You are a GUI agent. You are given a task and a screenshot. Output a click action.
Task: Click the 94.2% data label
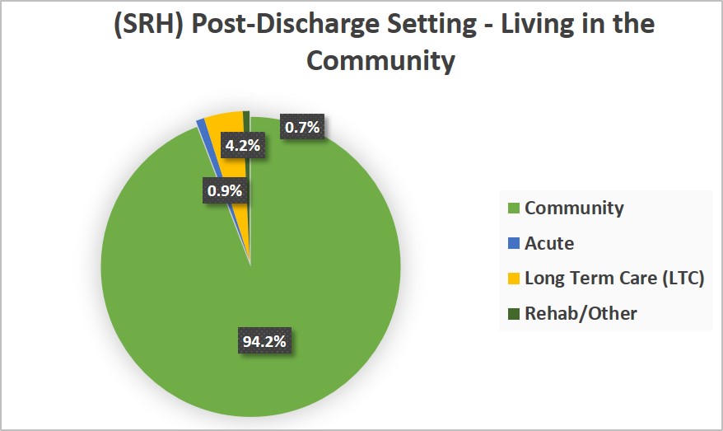click(x=265, y=340)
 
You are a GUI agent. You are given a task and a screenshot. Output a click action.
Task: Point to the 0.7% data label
click(x=302, y=128)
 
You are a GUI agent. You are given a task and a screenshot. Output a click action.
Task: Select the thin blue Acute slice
click(x=203, y=125)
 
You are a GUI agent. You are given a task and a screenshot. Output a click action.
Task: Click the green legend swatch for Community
click(x=514, y=208)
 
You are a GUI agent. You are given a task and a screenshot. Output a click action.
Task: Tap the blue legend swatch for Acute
click(x=514, y=244)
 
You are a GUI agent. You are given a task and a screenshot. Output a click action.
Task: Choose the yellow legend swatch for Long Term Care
click(x=514, y=279)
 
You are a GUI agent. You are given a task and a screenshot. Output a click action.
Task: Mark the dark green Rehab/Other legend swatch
click(x=514, y=314)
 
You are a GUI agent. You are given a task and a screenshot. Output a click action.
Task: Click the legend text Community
click(x=574, y=208)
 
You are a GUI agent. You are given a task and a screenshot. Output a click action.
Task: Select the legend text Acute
click(x=549, y=244)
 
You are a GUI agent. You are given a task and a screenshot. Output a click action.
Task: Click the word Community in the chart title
click(x=361, y=61)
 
